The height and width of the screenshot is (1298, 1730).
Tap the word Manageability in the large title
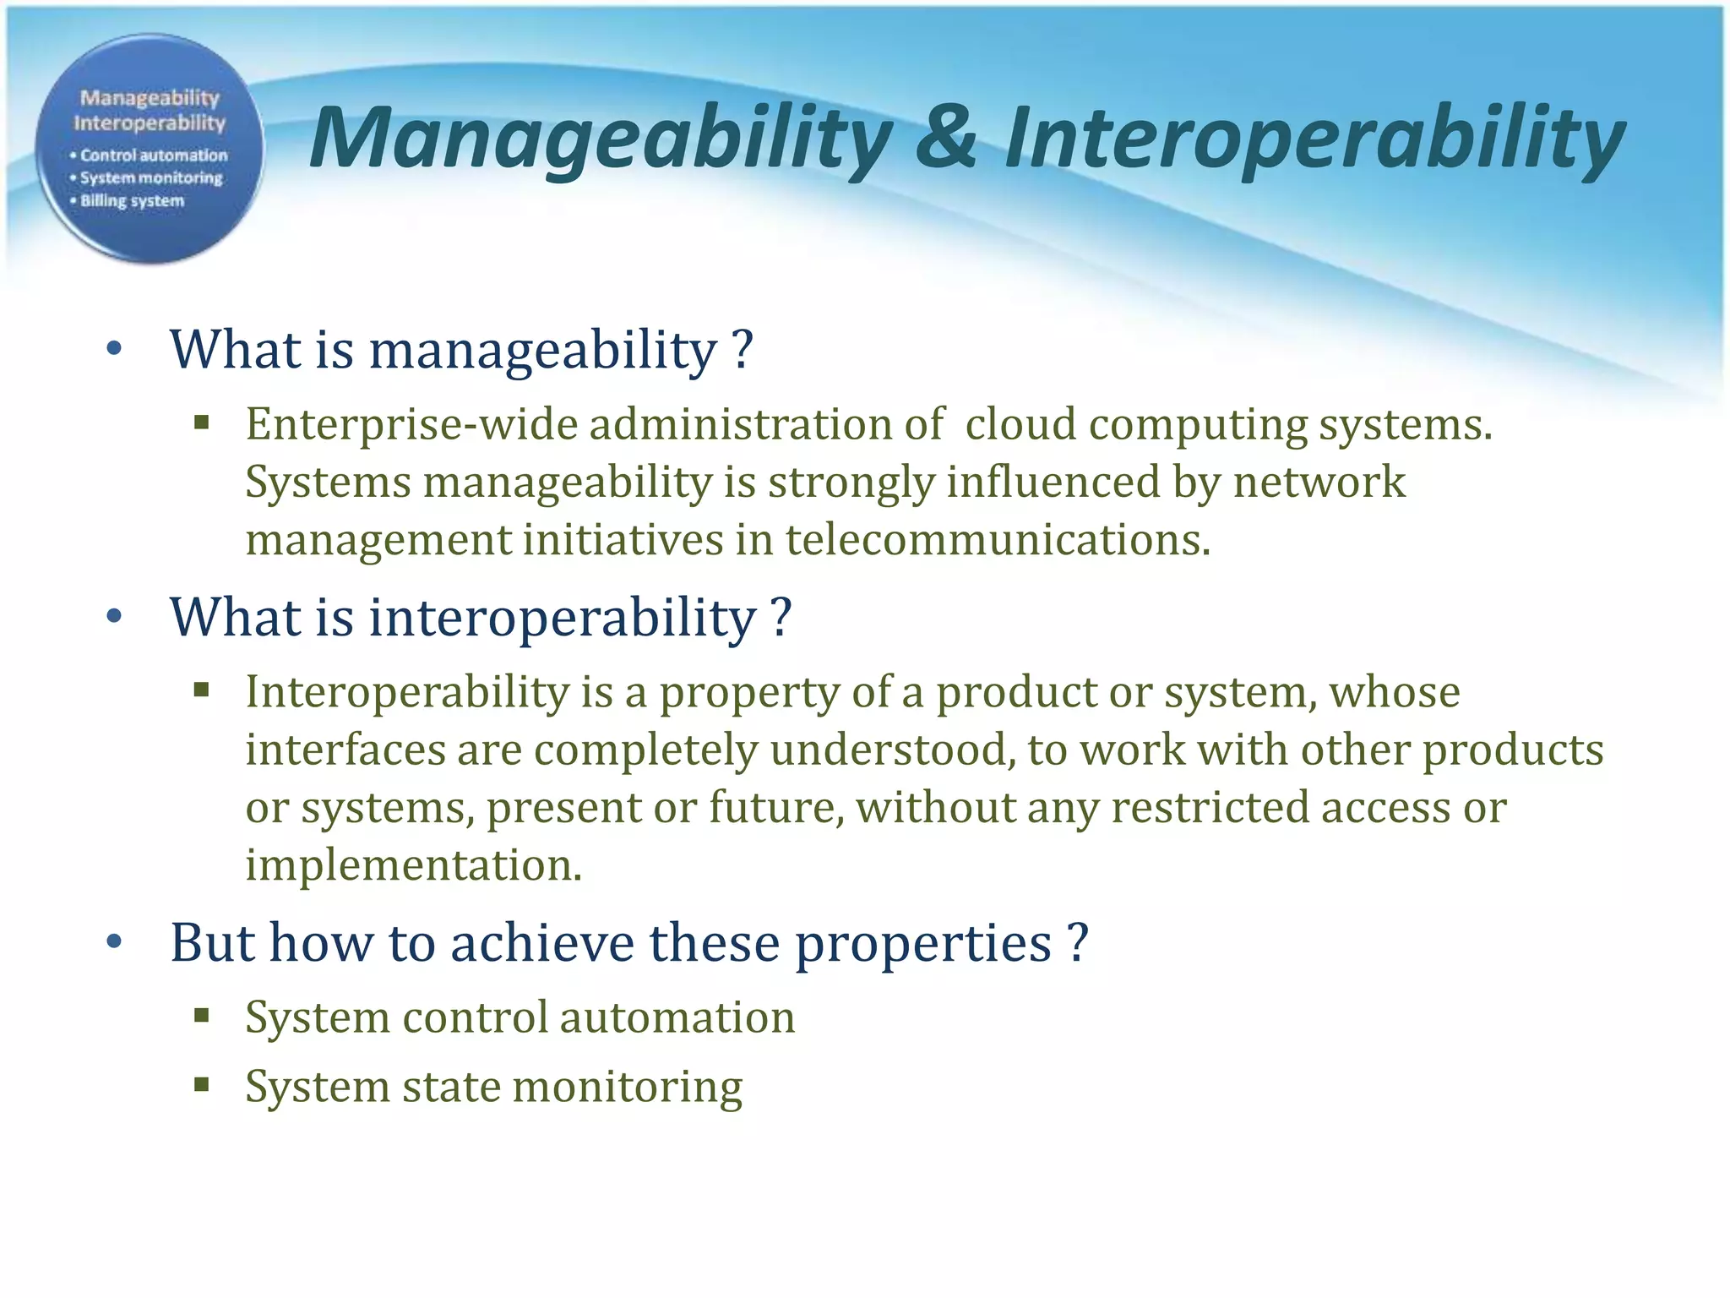pyautogui.click(x=600, y=139)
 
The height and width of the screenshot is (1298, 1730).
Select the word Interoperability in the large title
pyautogui.click(x=1314, y=139)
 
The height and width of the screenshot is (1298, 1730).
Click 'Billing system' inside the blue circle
pyautogui.click(x=132, y=201)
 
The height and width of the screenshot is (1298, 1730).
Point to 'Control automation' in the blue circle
pyautogui.click(x=153, y=155)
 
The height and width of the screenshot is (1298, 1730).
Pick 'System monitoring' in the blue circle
pyautogui.click(x=150, y=178)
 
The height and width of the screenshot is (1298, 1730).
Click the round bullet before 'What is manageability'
pyautogui.click(x=115, y=349)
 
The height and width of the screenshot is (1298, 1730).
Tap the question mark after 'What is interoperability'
pyautogui.click(x=781, y=617)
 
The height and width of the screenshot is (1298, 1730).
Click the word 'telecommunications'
pyautogui.click(x=998, y=540)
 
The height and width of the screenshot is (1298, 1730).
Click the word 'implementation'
pyautogui.click(x=413, y=865)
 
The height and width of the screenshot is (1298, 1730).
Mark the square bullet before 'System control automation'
pyautogui.click(x=201, y=1015)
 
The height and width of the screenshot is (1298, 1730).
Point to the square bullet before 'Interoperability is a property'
pyautogui.click(x=201, y=690)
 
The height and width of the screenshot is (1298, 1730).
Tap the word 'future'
pyautogui.click(x=775, y=808)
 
